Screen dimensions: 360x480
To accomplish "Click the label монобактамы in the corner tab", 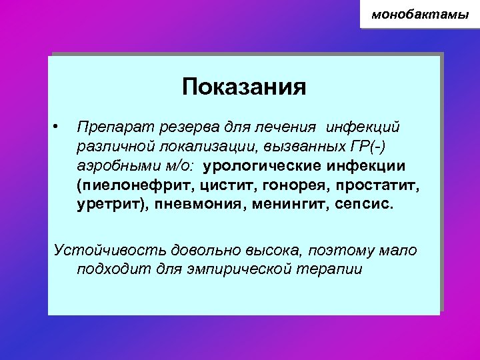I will click(420, 13).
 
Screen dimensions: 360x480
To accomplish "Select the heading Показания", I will click(244, 87).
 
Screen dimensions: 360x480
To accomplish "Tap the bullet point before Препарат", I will click(59, 125).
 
